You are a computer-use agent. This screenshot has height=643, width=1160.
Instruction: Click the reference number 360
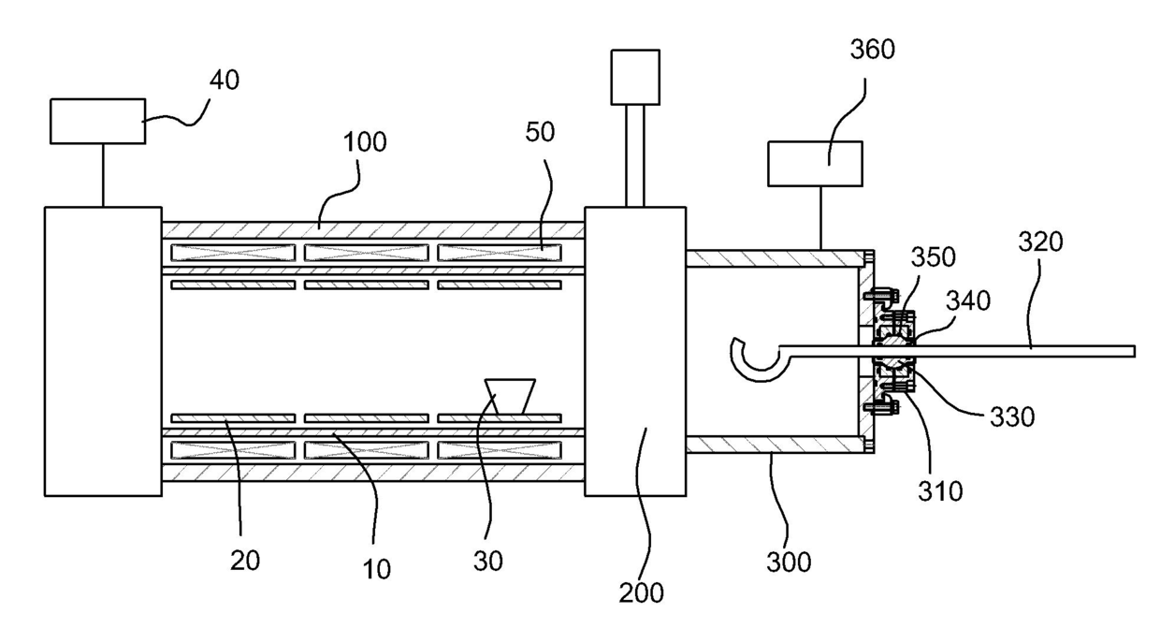tap(873, 50)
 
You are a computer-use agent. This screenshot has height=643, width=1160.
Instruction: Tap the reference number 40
tap(225, 80)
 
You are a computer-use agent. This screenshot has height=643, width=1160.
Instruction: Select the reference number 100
tap(365, 142)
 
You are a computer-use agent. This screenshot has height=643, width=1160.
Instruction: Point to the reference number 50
tap(540, 132)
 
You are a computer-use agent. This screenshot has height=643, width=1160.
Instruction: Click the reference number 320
tap(1041, 242)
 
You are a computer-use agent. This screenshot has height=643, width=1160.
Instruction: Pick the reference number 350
tap(934, 257)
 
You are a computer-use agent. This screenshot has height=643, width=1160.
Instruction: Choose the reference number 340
tap(968, 300)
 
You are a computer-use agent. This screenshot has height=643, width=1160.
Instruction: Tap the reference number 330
tap(1012, 416)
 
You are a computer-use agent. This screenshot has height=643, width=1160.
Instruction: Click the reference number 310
tap(940, 491)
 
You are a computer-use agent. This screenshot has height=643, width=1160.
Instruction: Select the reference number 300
tap(789, 563)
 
